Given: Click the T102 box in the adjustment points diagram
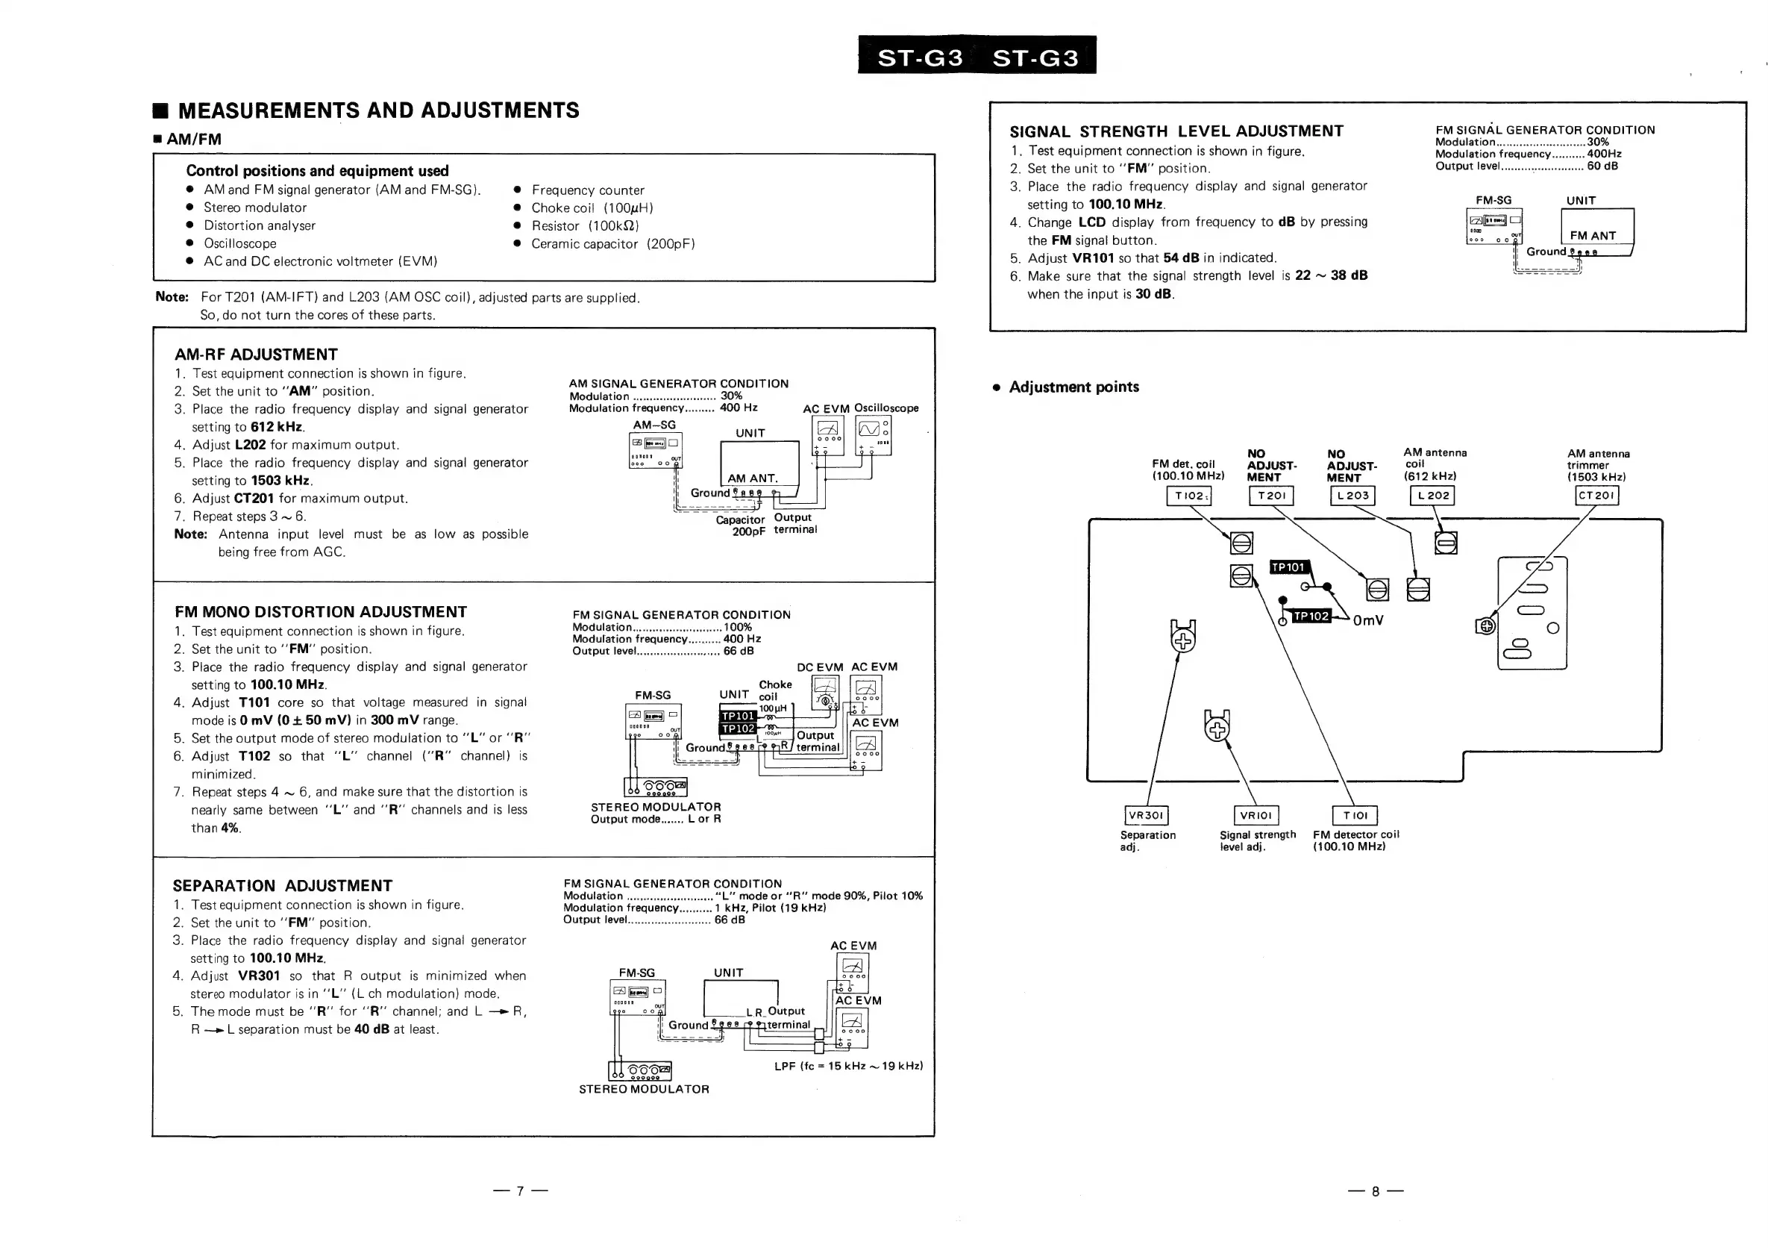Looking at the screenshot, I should [x=1189, y=496].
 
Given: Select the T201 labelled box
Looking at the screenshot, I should [x=1271, y=496].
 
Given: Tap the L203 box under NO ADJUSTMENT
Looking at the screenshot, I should [x=1352, y=496].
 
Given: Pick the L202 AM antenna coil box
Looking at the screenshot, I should [x=1432, y=496].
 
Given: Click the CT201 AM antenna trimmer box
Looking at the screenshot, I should [x=1597, y=496].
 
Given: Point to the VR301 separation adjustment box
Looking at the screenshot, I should [x=1147, y=815].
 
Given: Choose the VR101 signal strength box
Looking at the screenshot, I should [x=1256, y=815].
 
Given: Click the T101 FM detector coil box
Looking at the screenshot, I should [x=1355, y=815].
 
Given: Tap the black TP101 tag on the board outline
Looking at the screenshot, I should [x=1288, y=567].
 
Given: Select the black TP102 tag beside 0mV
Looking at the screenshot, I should [x=1311, y=616].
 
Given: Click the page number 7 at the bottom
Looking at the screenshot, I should [x=520, y=1191].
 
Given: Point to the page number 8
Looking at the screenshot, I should [x=1376, y=1191].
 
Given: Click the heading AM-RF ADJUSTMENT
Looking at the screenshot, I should [x=256, y=355].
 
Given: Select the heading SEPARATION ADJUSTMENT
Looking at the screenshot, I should [x=283, y=886].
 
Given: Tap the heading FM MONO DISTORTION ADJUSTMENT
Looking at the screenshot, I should [x=320, y=611].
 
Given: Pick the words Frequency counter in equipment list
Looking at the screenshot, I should [x=588, y=190].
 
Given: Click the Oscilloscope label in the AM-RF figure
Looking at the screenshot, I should [x=886, y=408].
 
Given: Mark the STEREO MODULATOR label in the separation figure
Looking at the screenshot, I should [x=644, y=1089].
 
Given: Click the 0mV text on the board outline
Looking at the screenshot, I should [x=1367, y=620].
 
